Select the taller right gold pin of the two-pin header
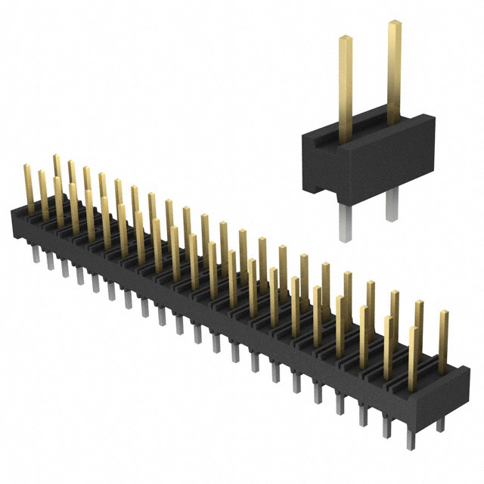[393, 72]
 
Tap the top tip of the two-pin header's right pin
[393, 24]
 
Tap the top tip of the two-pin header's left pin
[345, 38]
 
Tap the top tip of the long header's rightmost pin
[443, 312]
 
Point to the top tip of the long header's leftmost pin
[27, 166]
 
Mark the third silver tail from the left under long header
[65, 268]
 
